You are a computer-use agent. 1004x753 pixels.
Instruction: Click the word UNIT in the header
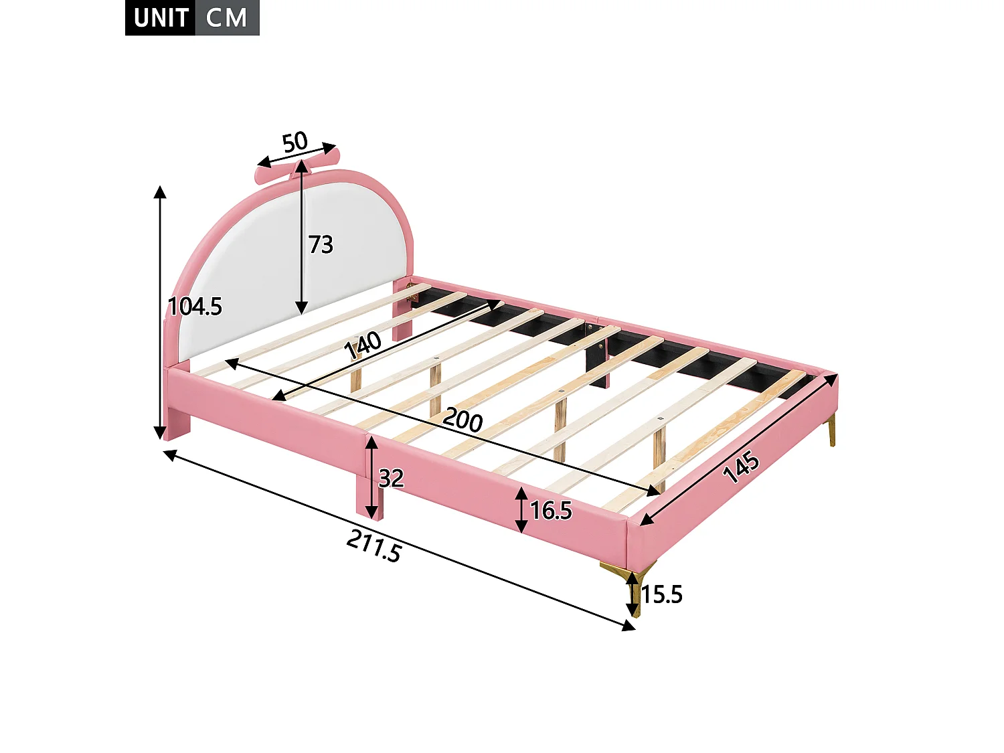pyautogui.click(x=160, y=18)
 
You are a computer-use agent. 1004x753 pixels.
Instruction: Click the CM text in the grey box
pyautogui.click(x=226, y=18)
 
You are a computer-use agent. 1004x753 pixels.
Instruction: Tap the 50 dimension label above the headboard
pyautogui.click(x=295, y=142)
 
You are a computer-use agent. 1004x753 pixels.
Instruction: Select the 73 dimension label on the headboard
pyautogui.click(x=321, y=245)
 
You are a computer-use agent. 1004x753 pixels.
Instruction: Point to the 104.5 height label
pyautogui.click(x=195, y=307)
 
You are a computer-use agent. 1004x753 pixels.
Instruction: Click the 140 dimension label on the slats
pyautogui.click(x=363, y=345)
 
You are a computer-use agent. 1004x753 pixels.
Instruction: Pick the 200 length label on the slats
pyautogui.click(x=463, y=420)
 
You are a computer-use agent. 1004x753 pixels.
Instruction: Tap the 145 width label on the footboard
pyautogui.click(x=741, y=467)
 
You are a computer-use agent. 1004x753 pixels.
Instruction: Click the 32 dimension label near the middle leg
pyautogui.click(x=392, y=479)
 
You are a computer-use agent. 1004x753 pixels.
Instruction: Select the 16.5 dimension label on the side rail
pyautogui.click(x=551, y=511)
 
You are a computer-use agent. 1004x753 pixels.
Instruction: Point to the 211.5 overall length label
pyautogui.click(x=374, y=546)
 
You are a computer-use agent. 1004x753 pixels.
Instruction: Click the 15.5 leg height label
pyautogui.click(x=662, y=594)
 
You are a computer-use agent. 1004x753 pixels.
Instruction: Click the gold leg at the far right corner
pyautogui.click(x=831, y=429)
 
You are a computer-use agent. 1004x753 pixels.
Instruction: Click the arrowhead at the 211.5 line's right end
pyautogui.click(x=629, y=626)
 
